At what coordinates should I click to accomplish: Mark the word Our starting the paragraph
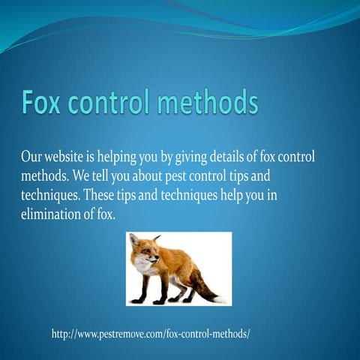(32, 157)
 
